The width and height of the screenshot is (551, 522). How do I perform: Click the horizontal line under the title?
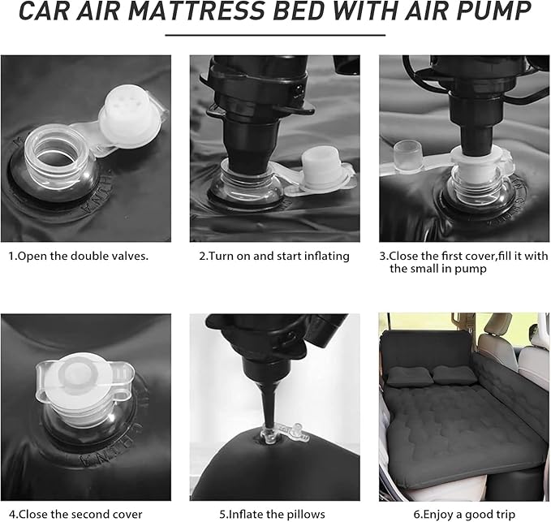click(275, 36)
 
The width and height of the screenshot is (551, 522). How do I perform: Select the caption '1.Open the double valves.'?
click(80, 256)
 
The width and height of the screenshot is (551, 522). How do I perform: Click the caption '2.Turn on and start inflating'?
click(274, 256)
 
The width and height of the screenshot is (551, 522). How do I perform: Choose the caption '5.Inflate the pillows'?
click(273, 514)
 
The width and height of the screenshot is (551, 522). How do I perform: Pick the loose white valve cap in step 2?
click(324, 170)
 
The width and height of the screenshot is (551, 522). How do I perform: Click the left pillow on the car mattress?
click(407, 376)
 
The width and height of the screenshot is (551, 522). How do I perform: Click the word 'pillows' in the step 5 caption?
click(304, 514)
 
